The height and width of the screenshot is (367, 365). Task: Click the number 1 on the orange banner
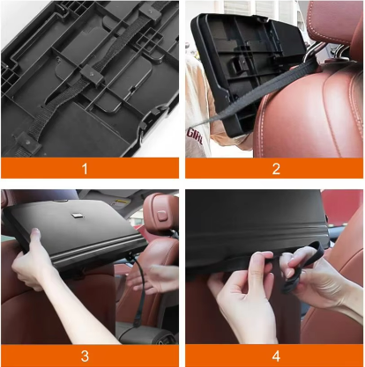85,169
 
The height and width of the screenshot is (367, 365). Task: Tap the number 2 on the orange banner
276,169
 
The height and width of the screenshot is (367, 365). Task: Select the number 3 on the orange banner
85,356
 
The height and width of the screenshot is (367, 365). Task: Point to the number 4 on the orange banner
276,356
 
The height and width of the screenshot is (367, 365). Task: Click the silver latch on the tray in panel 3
76,216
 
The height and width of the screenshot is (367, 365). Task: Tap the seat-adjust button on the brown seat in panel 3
162,216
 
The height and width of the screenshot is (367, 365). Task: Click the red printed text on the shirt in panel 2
194,136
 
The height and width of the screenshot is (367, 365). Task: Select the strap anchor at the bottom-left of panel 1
27,143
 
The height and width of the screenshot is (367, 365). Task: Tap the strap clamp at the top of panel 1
150,12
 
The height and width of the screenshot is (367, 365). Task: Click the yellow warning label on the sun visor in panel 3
121,202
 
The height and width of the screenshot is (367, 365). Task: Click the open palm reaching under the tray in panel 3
153,277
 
